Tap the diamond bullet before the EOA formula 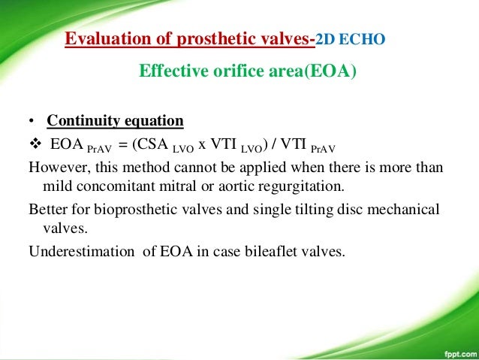pyautogui.click(x=34, y=144)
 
